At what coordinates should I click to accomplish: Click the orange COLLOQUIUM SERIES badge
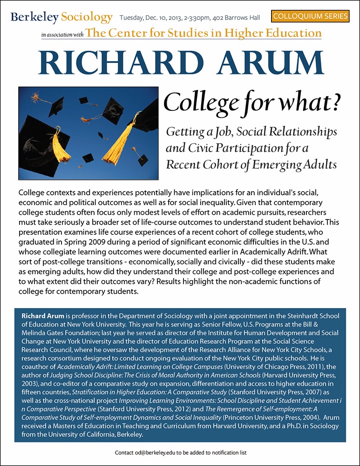(310, 16)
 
